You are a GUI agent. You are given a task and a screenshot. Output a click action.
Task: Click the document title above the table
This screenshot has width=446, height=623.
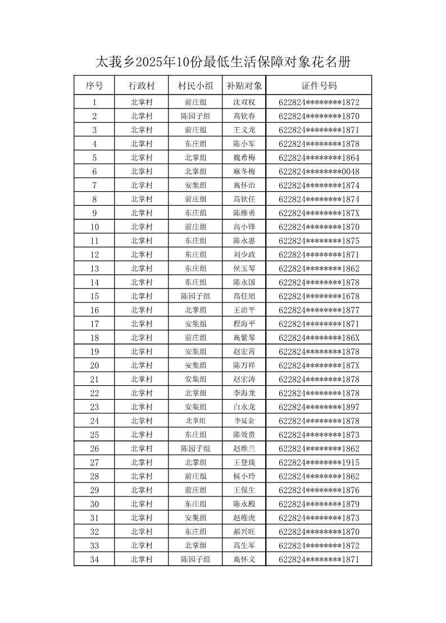[223, 62]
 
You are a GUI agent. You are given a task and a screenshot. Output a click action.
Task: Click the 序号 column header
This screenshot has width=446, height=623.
[94, 86]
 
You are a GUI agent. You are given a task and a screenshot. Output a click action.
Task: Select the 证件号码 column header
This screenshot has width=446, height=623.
[318, 86]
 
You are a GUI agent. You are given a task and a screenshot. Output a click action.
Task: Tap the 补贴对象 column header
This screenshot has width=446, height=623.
[244, 86]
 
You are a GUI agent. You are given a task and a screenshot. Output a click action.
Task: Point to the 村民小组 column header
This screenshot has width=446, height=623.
[195, 86]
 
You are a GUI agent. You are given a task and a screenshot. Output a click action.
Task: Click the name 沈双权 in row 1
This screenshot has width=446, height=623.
[244, 102]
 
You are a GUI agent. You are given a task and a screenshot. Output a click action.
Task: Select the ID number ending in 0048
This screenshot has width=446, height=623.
[318, 171]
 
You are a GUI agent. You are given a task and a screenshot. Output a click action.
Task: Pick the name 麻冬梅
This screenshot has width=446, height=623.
[244, 171]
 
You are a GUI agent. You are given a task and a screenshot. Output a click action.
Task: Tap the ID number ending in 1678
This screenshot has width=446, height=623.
[318, 296]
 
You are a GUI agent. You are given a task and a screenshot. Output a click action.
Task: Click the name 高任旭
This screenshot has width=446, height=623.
[244, 296]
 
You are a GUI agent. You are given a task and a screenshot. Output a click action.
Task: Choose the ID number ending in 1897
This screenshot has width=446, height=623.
[318, 407]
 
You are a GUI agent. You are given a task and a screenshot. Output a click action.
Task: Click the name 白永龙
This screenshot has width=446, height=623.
[244, 407]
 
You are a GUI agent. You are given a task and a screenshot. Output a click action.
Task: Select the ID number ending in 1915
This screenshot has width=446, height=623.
[318, 462]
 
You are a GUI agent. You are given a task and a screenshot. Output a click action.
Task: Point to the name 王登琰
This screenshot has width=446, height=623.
[244, 462]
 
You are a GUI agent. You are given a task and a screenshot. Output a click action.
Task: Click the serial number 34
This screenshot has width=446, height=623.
[94, 559]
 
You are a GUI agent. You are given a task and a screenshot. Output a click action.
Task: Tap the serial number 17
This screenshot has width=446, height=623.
[94, 324]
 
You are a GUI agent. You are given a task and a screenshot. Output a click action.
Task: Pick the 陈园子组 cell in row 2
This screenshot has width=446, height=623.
[195, 116]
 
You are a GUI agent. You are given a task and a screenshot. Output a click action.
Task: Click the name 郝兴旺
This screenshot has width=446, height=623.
[244, 532]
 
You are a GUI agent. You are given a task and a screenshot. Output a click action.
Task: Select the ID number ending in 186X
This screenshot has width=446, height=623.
[318, 338]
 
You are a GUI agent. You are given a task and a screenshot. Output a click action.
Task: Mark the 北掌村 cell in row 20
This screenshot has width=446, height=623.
[142, 365]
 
